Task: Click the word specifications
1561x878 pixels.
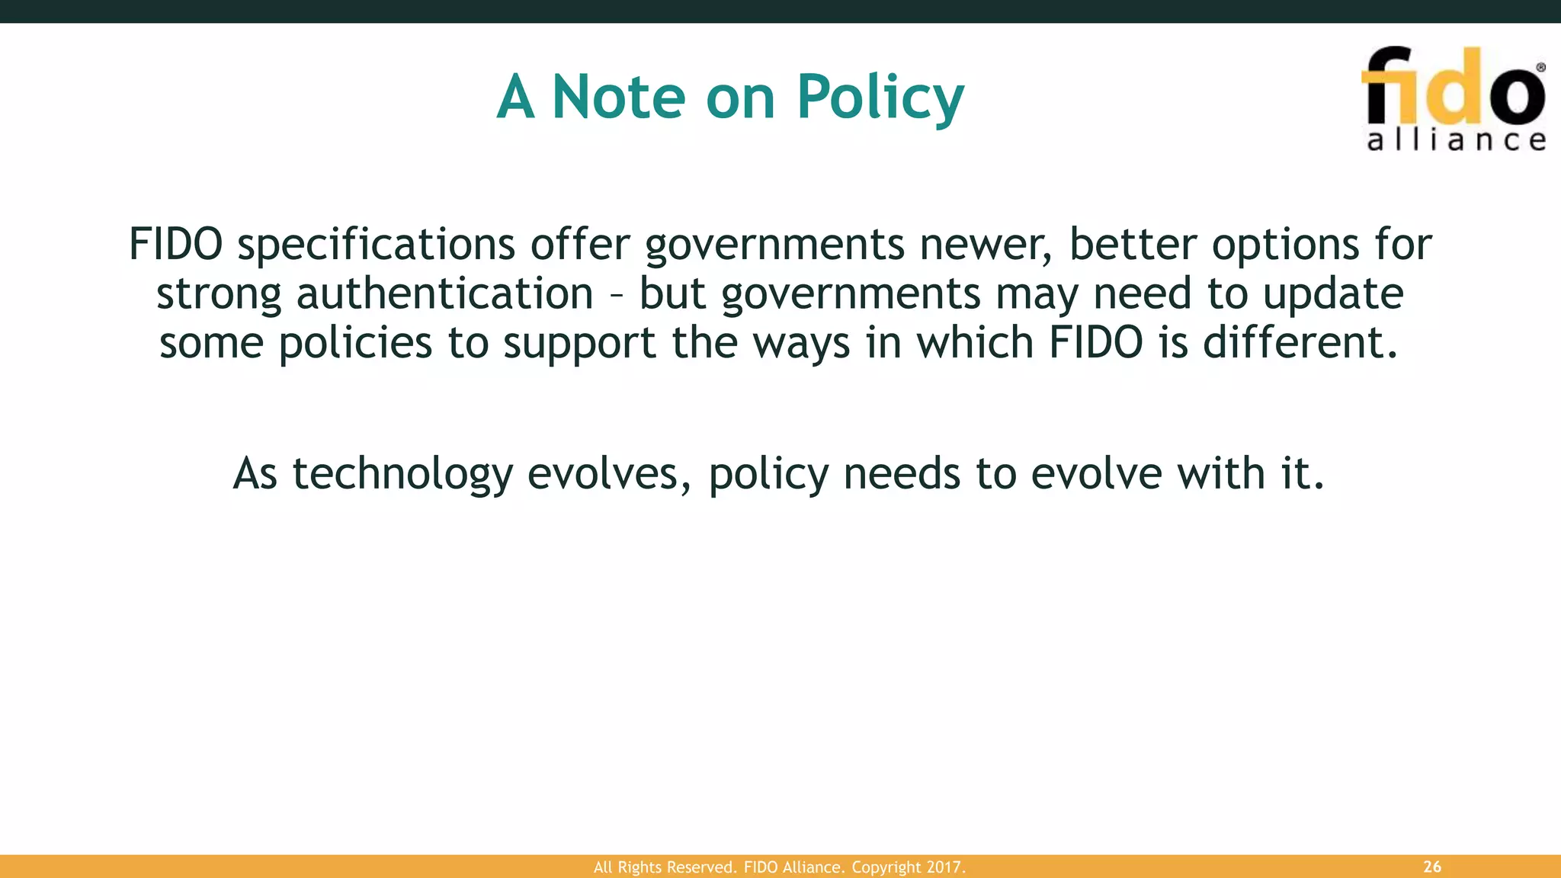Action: [x=377, y=245]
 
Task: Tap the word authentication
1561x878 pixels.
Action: [x=444, y=294]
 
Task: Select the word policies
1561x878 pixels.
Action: [x=355, y=344]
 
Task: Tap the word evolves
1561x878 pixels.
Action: [x=609, y=473]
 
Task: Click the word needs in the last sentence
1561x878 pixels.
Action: [x=902, y=473]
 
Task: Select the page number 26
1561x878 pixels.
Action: [x=1432, y=867]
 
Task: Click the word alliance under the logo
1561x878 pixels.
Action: [x=1457, y=140]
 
